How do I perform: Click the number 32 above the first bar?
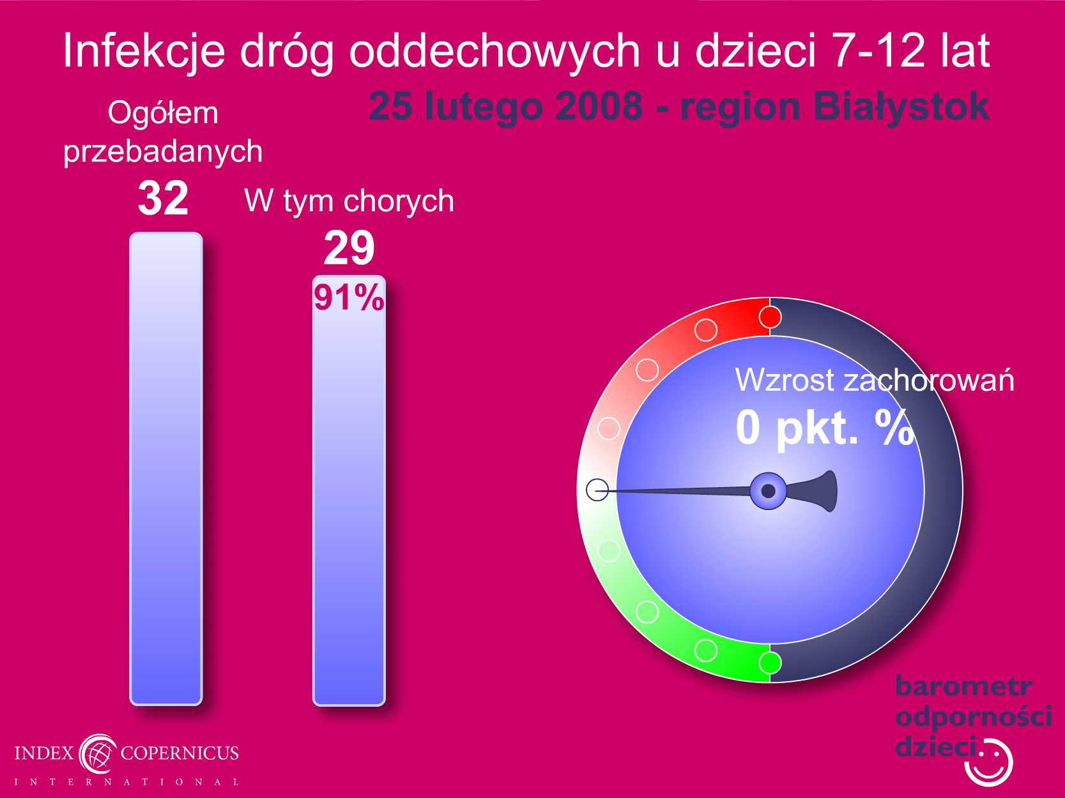pos(163,199)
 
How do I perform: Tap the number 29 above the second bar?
pos(349,248)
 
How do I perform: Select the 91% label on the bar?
pos(349,297)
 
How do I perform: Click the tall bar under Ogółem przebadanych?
pos(166,469)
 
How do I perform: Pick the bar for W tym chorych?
pos(349,490)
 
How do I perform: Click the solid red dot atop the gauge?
pos(770,317)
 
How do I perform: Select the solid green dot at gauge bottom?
pos(770,663)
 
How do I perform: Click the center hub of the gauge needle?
pos(768,491)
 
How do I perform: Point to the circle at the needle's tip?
pos(597,490)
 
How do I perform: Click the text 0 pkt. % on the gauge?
pos(824,427)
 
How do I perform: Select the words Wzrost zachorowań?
pos(875,380)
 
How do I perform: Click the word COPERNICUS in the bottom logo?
pos(180,753)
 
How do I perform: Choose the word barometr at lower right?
pos(963,686)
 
